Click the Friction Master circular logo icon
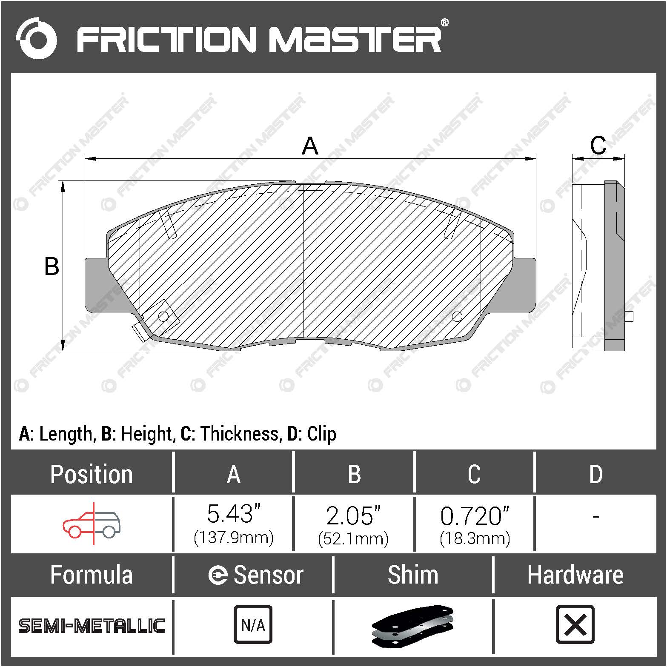[37, 39]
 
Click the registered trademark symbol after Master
[444, 23]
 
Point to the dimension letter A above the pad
[310, 146]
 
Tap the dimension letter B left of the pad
[52, 266]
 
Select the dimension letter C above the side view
[598, 146]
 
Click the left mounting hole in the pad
[163, 316]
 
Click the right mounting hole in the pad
[457, 316]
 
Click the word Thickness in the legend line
[240, 434]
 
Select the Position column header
[91, 474]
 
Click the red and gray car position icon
[92, 524]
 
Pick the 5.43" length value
[233, 514]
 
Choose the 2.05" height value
[353, 515]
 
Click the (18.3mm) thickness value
[475, 538]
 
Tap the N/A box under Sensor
[253, 625]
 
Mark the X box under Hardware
[575, 625]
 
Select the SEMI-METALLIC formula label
[92, 626]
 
